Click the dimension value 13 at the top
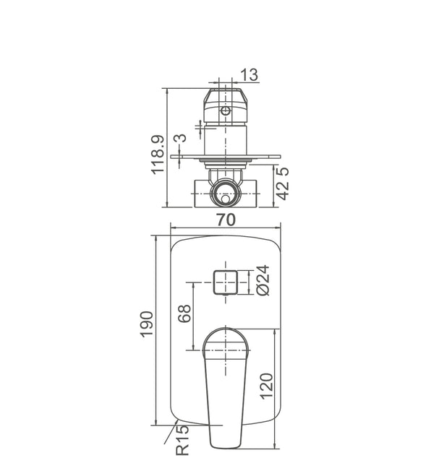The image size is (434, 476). [249, 74]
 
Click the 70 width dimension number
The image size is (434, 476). [226, 220]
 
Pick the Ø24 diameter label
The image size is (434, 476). [263, 280]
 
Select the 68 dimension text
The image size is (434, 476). [184, 313]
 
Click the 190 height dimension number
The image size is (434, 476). [147, 326]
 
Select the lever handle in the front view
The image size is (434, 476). [226, 390]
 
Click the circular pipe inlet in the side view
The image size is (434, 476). [226, 194]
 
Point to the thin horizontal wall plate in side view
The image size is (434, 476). [226, 156]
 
